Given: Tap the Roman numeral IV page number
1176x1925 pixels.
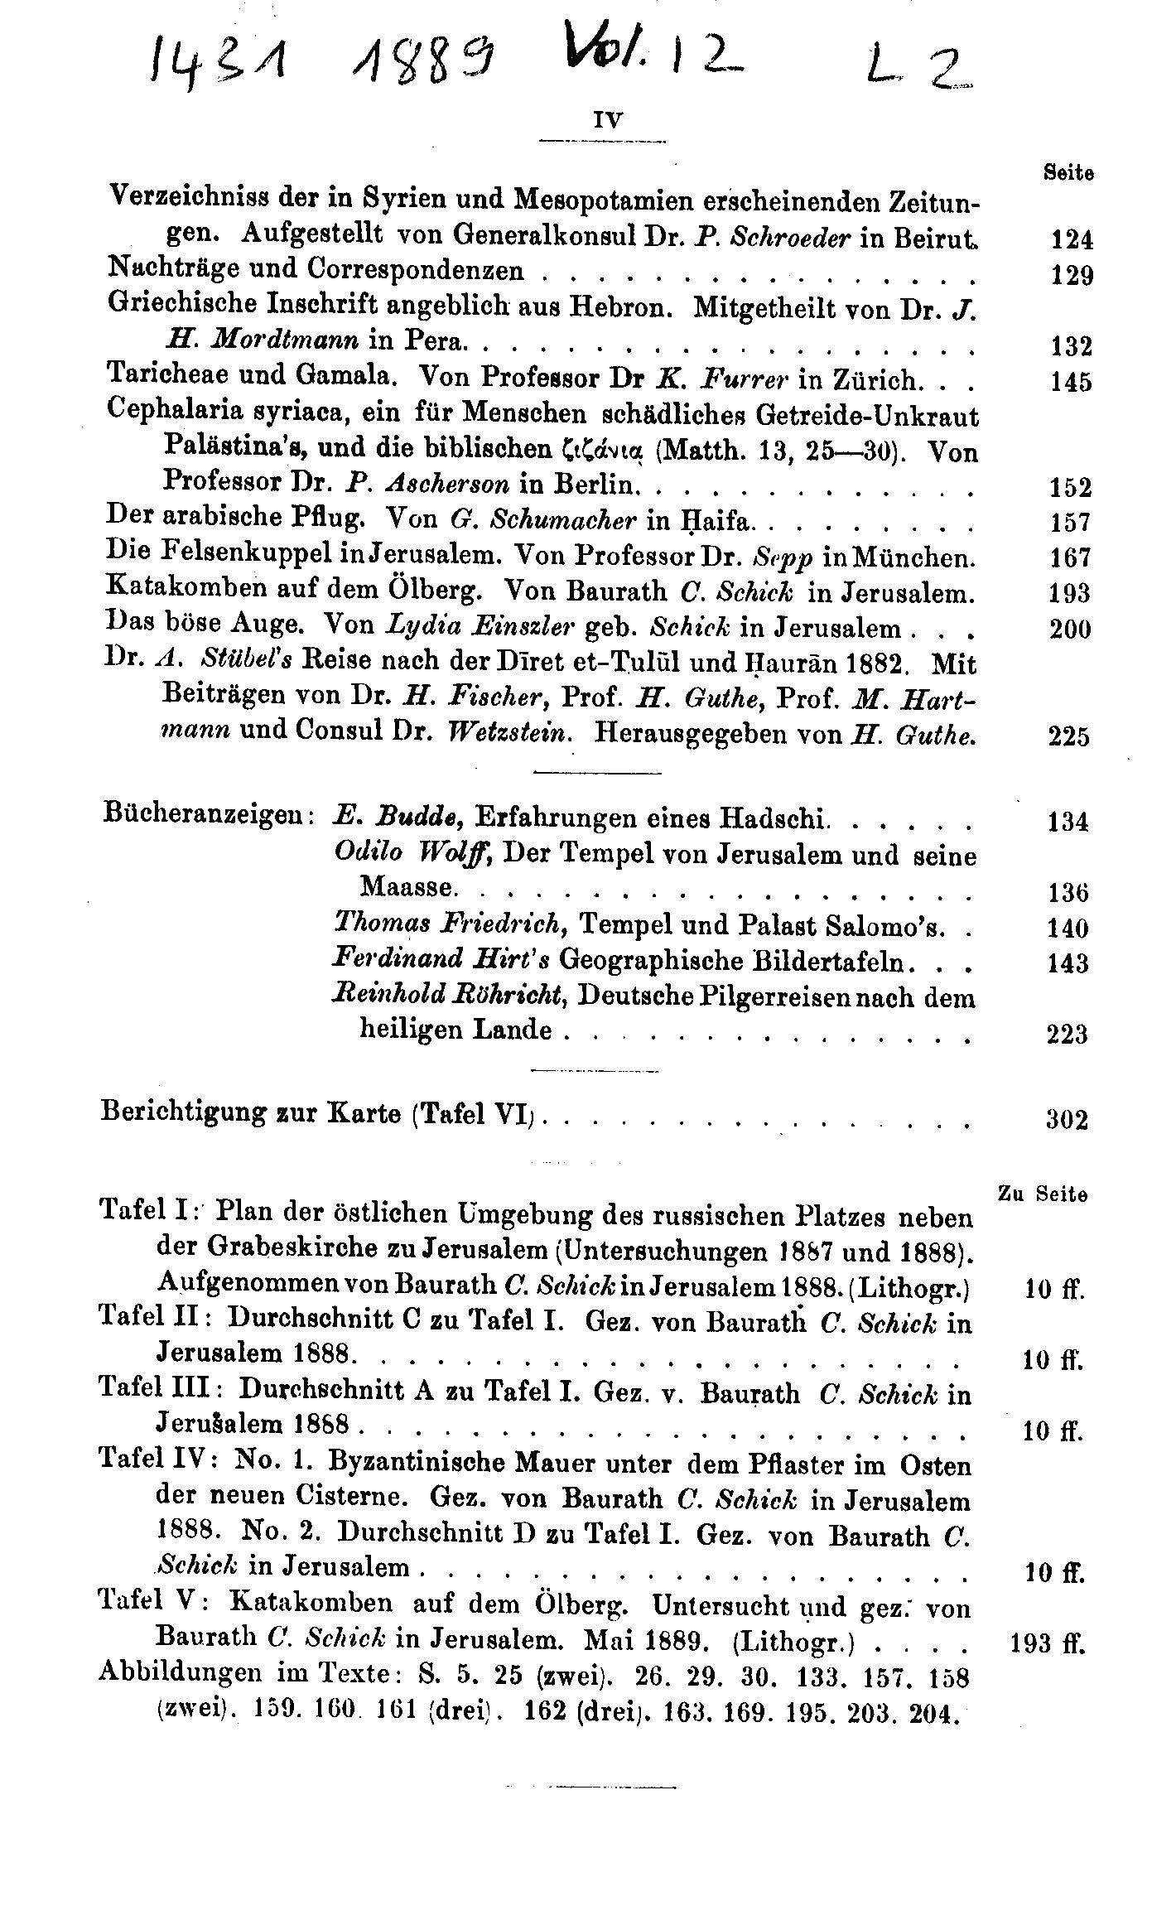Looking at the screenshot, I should tap(609, 118).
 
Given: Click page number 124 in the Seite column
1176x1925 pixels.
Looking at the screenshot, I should tap(1072, 240).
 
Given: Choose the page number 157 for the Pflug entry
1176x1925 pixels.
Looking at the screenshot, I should tap(1070, 523).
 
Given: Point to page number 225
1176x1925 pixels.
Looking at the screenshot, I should tap(1068, 736).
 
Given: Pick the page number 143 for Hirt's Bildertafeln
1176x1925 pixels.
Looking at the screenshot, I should tap(1067, 963).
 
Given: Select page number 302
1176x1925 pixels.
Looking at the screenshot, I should tap(1067, 1121).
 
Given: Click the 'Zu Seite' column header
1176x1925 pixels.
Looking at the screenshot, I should tap(1042, 1194).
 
